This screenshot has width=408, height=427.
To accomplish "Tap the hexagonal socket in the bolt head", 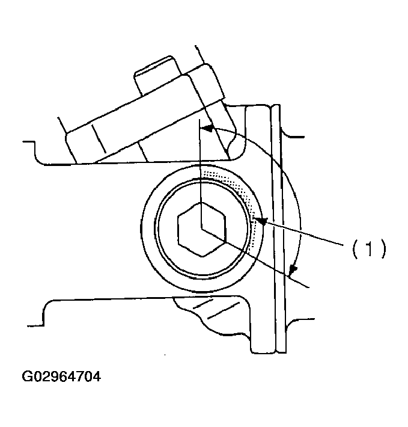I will point(202,229).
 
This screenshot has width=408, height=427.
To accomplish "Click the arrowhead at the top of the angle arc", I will point(207,128).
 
